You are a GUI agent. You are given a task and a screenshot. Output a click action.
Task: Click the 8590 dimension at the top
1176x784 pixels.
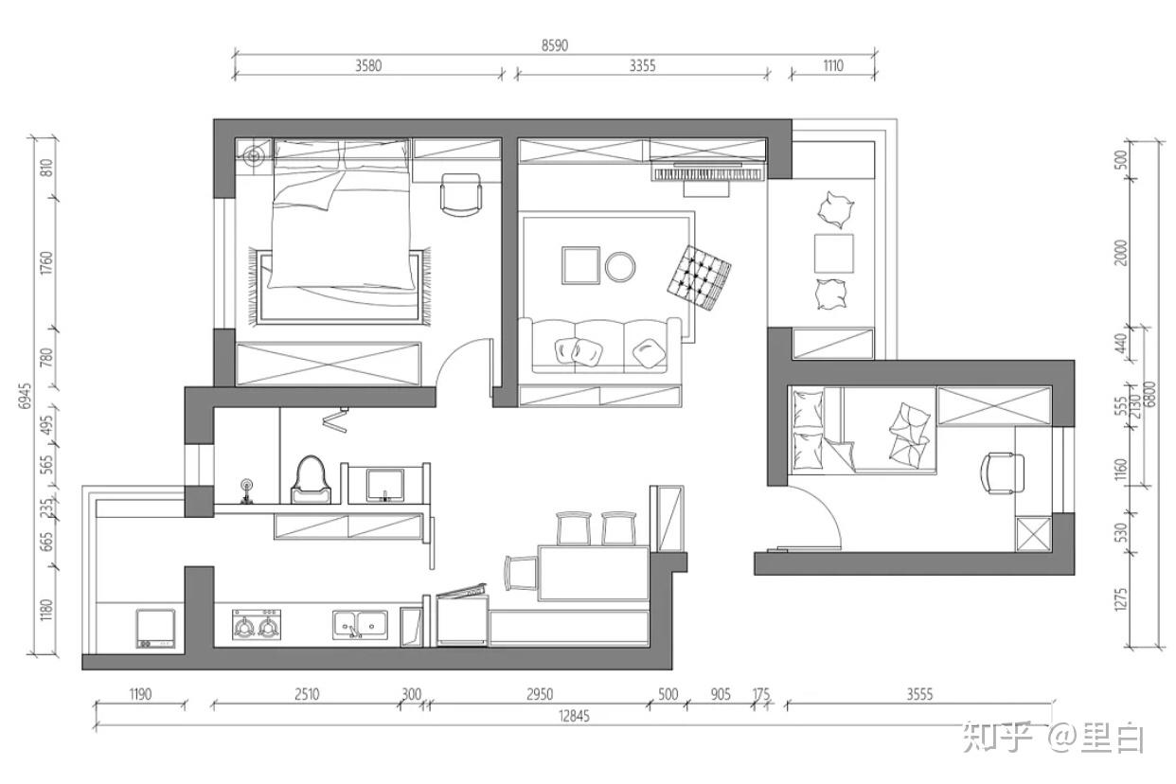pos(555,45)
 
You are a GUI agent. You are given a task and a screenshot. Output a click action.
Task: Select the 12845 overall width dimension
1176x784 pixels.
pos(574,716)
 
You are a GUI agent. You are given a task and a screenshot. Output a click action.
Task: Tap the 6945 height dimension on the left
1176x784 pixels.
pos(25,396)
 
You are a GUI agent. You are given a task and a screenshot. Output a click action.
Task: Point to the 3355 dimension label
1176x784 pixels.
pos(642,65)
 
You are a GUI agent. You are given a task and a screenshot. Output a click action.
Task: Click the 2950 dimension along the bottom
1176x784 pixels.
pos(540,694)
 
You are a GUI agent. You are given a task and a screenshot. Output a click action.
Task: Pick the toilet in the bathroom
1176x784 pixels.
pos(311,480)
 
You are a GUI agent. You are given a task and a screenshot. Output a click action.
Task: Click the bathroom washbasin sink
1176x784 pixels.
pos(385,485)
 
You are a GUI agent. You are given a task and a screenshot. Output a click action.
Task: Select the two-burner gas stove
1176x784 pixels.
pos(257,624)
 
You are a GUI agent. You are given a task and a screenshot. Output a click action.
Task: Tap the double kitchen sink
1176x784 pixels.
pos(360,624)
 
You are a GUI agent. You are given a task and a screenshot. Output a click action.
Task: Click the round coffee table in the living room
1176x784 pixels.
pos(620,267)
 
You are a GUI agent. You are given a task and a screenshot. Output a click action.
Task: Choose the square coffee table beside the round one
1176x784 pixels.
pos(580,265)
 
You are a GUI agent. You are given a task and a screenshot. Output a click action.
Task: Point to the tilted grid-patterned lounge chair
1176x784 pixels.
pos(699,277)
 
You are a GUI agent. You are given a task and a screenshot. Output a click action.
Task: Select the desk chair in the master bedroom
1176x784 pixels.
pos(460,194)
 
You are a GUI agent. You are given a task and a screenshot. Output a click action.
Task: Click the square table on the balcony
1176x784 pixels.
pos(833,253)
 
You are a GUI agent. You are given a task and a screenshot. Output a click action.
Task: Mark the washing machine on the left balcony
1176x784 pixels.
pos(155,628)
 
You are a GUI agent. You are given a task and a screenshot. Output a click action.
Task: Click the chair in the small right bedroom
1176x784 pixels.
pos(1002,473)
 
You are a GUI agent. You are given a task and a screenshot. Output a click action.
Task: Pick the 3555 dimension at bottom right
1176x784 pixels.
pos(919,694)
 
